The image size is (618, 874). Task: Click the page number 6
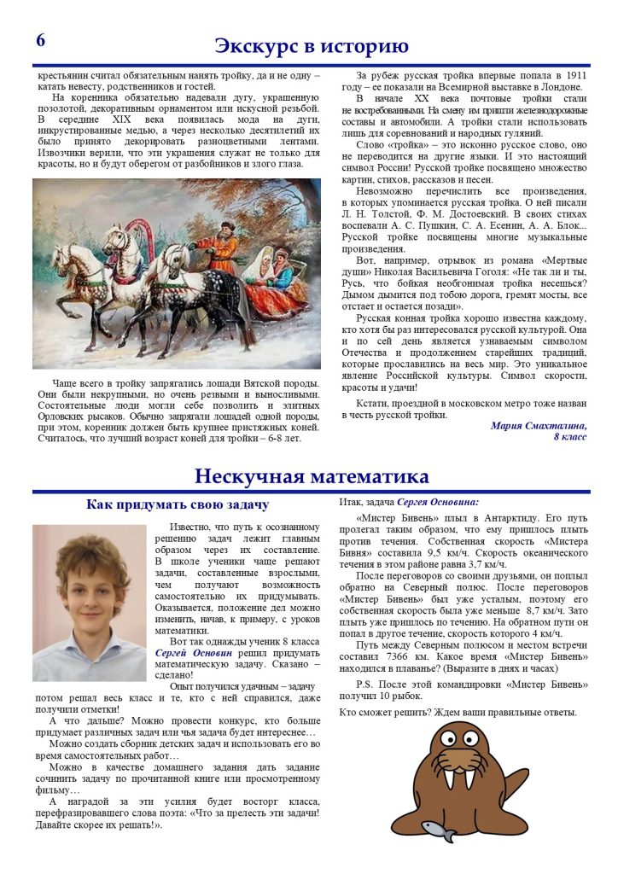pyautogui.click(x=40, y=41)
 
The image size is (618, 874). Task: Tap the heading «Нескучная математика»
pyautogui.click(x=311, y=475)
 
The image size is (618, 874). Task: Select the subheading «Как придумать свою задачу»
pyautogui.click(x=178, y=504)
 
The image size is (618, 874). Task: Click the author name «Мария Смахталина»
pyautogui.click(x=539, y=424)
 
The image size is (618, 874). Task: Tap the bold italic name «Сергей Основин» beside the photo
pyautogui.click(x=194, y=653)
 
